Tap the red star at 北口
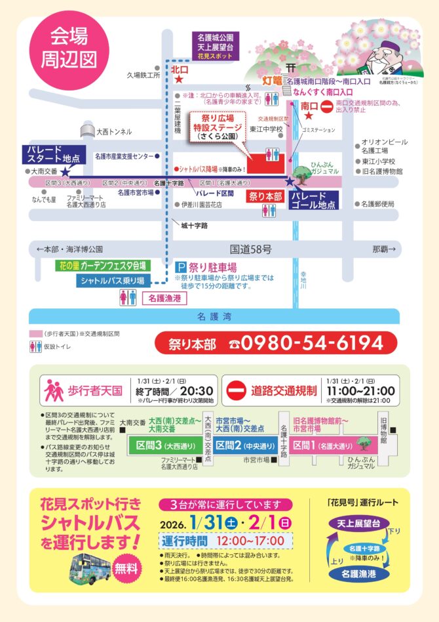[x=179, y=79]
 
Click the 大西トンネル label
[x=113, y=132]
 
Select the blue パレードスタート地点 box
[x=54, y=155]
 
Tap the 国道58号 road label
[x=250, y=249]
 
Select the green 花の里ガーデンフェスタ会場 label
[x=102, y=266]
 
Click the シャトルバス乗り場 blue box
[x=113, y=281]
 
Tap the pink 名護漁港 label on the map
[x=163, y=299]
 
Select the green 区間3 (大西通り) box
[x=160, y=445]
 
